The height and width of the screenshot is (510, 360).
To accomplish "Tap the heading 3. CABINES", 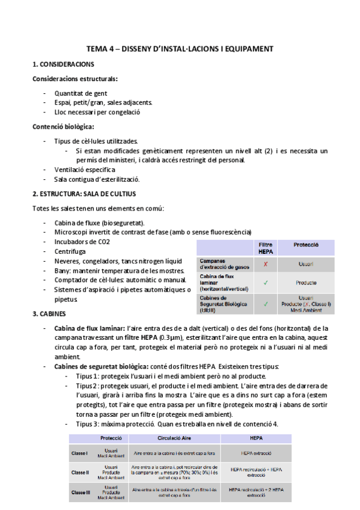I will pos(51,314).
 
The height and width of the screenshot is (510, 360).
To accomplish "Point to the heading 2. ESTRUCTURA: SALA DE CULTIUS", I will pos(84,194).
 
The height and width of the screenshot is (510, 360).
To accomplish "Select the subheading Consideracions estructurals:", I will pos(75,79).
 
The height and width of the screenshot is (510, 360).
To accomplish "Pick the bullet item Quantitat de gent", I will pos(81,94).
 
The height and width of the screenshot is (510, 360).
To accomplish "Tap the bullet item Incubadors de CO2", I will pos(82,242).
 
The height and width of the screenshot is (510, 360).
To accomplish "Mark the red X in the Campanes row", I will pos(265,264).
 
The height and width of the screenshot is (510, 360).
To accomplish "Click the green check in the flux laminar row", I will pos(265,282).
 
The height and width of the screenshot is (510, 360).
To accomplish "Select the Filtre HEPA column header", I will pos(265,248).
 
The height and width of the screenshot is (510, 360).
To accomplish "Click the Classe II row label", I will pos(80,472).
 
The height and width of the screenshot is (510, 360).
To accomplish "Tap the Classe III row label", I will pos(81,492).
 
